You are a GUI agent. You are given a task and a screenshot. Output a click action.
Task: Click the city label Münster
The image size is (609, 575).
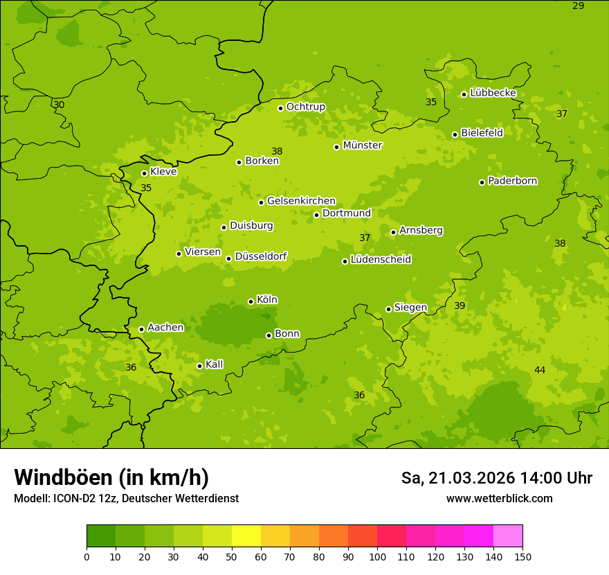click(362, 145)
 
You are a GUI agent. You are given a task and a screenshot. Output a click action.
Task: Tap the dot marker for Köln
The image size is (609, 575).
click(251, 301)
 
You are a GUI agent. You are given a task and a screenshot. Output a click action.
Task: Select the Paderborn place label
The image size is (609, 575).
click(512, 181)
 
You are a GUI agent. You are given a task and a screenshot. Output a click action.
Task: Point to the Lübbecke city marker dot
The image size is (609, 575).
click(464, 94)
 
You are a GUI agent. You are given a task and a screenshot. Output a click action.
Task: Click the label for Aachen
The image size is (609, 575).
click(165, 327)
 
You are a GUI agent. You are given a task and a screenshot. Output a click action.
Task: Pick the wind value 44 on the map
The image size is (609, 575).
click(540, 370)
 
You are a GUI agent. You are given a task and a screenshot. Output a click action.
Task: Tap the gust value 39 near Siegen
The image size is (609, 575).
click(460, 306)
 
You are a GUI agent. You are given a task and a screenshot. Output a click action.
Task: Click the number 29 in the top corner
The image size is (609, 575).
click(579, 6)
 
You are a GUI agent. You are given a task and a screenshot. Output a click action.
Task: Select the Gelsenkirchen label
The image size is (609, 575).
click(301, 201)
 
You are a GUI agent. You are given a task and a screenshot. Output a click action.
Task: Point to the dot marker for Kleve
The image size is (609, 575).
click(144, 173)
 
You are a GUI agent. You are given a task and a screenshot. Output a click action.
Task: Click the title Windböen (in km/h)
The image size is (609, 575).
click(111, 477)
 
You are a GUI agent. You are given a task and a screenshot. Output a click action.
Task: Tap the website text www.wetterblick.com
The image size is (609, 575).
click(499, 498)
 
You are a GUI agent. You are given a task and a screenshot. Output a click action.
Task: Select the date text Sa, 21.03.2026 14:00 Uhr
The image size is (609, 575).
click(496, 478)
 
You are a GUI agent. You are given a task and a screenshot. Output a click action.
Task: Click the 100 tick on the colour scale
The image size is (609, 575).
click(377, 556)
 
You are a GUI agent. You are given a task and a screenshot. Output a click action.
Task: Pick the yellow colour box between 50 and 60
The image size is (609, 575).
click(246, 536)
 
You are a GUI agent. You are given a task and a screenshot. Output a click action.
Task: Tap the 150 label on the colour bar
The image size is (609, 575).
click(522, 556)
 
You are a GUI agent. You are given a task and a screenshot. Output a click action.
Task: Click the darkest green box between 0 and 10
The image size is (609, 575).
click(101, 536)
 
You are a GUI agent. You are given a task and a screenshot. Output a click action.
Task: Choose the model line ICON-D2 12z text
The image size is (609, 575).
click(126, 498)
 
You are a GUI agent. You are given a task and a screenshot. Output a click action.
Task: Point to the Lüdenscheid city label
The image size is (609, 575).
click(381, 260)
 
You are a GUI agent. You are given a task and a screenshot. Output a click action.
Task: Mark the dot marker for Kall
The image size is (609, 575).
click(199, 366)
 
